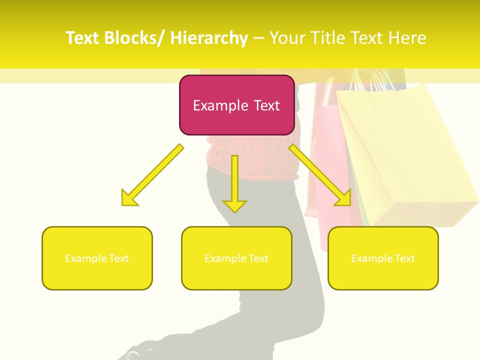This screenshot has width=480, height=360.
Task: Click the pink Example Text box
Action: tap(236, 105)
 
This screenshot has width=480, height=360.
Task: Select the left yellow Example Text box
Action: tap(97, 258)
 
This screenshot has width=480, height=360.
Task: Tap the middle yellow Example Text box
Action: tap(236, 258)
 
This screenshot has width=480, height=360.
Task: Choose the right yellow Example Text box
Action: tap(383, 258)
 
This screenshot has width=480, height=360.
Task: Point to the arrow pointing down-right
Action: tap(320, 175)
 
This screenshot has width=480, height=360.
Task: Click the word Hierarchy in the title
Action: tap(209, 38)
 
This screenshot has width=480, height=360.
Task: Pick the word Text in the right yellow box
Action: tap(404, 258)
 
